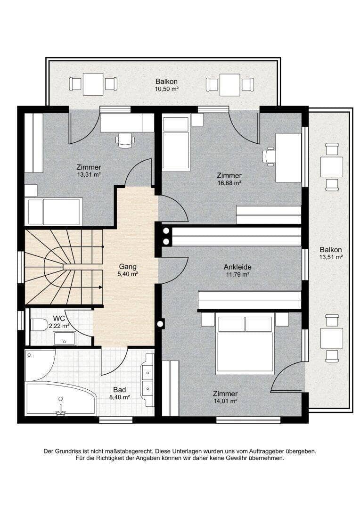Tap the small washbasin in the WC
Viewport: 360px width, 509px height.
[x=65, y=338]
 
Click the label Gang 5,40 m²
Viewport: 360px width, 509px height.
[x=128, y=270]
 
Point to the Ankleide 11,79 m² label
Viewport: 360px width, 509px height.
[x=237, y=271]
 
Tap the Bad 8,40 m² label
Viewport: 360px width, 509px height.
[x=120, y=393]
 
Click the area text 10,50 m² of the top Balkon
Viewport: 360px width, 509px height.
[x=166, y=89]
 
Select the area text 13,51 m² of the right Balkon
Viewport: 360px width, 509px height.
[x=331, y=257]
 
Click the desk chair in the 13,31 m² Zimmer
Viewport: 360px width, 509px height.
[x=125, y=140]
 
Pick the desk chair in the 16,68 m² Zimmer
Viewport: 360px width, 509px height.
[x=269, y=156]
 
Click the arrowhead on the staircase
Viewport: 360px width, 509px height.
[x=101, y=287]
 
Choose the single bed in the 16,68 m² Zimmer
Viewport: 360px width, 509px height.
[x=176, y=143]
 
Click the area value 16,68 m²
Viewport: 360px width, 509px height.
[x=229, y=183]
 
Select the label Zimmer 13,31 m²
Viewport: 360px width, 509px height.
[x=89, y=171]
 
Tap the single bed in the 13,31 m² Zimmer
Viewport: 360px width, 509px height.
[x=54, y=211]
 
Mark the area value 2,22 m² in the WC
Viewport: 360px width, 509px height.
[x=59, y=326]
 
